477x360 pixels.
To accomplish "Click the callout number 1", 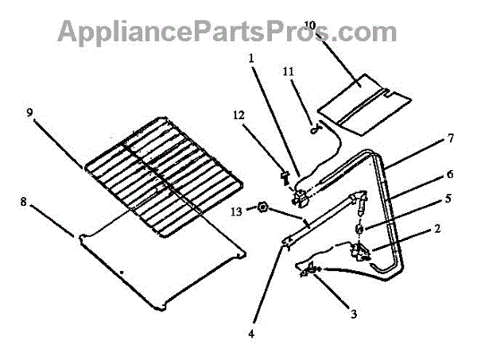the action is coord(252,58).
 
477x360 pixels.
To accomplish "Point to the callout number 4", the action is coord(252,335).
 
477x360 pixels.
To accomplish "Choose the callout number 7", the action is coord(450,137).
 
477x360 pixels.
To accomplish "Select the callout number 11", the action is coord(289,72).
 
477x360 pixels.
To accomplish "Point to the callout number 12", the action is coord(238,115).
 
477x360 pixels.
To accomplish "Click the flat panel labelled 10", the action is coord(364,99).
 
